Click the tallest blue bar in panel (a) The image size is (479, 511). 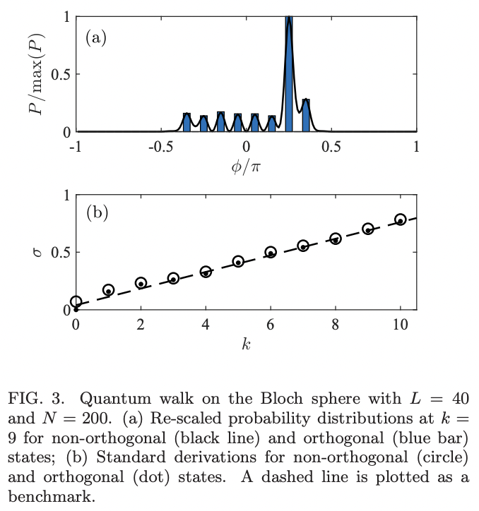click(289, 74)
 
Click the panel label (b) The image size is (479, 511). click(96, 212)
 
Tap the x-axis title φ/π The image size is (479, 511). click(246, 167)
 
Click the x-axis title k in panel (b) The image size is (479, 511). click(246, 344)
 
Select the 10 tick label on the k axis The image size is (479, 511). click(400, 325)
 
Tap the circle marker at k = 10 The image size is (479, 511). click(401, 220)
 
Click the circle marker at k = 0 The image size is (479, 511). click(76, 302)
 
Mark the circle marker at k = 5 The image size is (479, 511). click(238, 261)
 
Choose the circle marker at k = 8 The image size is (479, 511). click(336, 239)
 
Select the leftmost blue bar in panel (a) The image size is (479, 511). click(187, 123)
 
